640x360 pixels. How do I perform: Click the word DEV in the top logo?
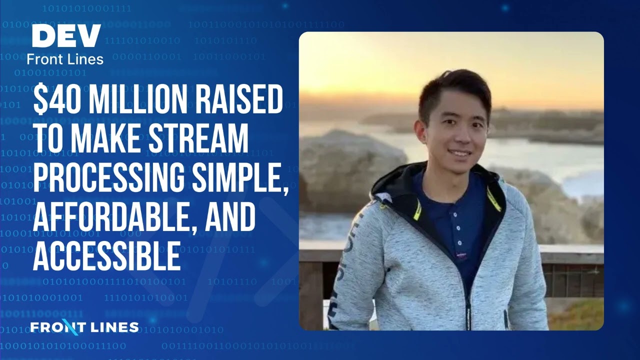[x=66, y=36]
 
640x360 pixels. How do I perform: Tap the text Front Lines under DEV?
[x=65, y=59]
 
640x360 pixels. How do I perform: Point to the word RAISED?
[x=240, y=100]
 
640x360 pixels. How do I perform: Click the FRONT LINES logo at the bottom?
[x=84, y=327]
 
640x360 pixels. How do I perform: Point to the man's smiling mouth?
[x=459, y=152]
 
